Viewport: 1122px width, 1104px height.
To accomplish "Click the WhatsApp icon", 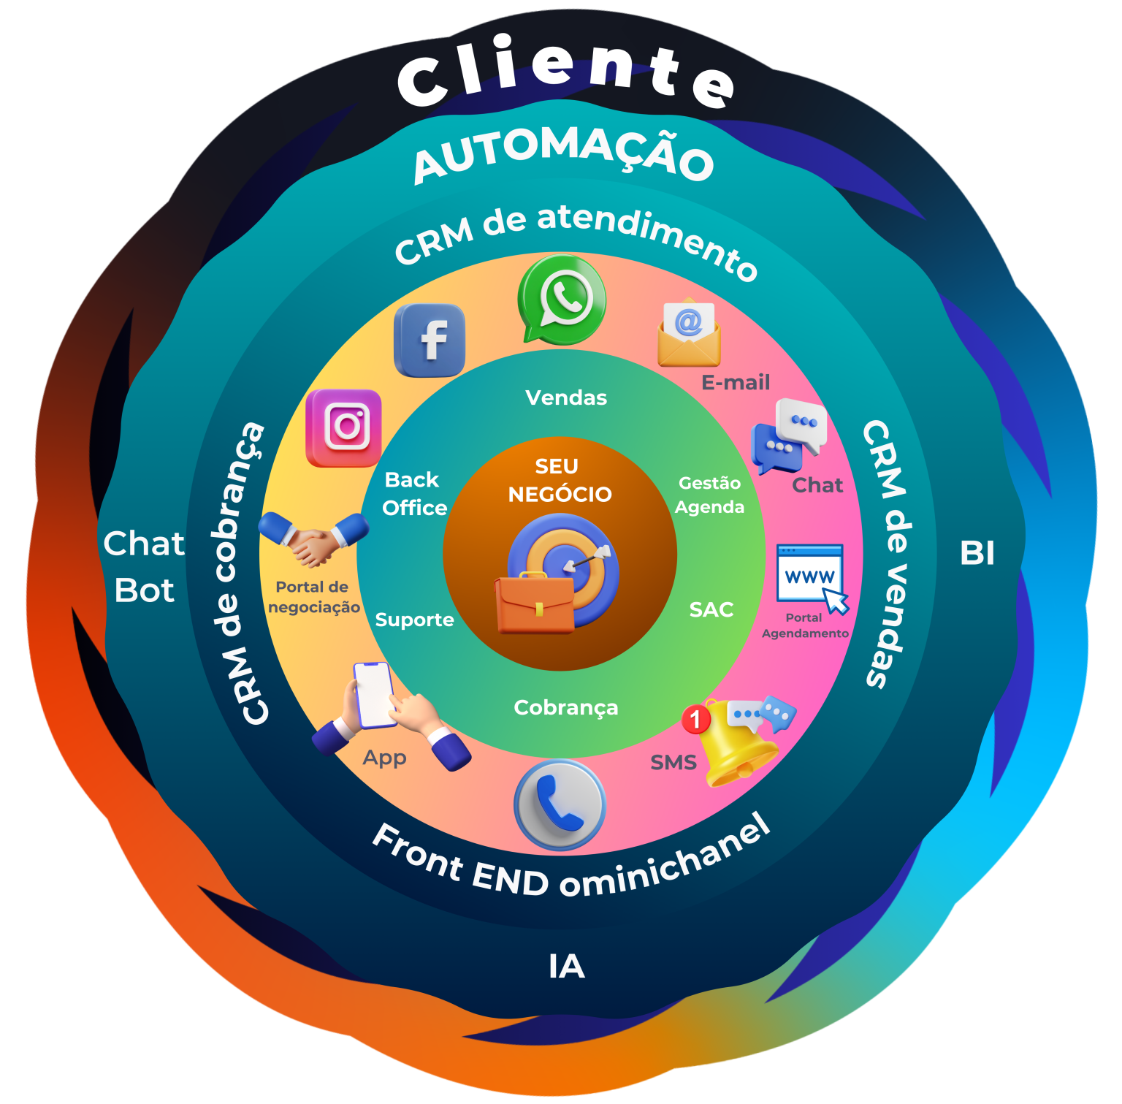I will [562, 298].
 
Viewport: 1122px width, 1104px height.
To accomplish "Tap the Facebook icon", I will [430, 340].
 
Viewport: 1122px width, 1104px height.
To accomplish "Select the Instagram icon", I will [344, 427].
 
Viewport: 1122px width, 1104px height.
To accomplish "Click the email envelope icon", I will [689, 334].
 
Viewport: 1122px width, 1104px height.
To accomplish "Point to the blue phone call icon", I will [560, 804].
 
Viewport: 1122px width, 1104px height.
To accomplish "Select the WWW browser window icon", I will [810, 574].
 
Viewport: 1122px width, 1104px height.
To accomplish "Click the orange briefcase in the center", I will [535, 604].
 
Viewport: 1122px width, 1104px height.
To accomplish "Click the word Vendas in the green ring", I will [566, 397].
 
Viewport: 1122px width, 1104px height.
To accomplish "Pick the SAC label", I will [711, 609].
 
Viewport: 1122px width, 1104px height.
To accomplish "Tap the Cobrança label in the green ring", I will [566, 707].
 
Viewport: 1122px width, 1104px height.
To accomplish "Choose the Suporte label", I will [414, 620].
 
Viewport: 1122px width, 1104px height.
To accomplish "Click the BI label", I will [977, 553].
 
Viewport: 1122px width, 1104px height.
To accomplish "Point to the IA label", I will [567, 967].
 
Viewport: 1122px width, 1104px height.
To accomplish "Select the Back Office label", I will [413, 494].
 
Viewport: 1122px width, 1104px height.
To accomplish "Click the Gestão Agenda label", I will [709, 495].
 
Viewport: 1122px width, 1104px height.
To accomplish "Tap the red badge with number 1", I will [695, 719].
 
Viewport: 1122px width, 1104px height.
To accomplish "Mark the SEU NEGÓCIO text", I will [559, 480].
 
